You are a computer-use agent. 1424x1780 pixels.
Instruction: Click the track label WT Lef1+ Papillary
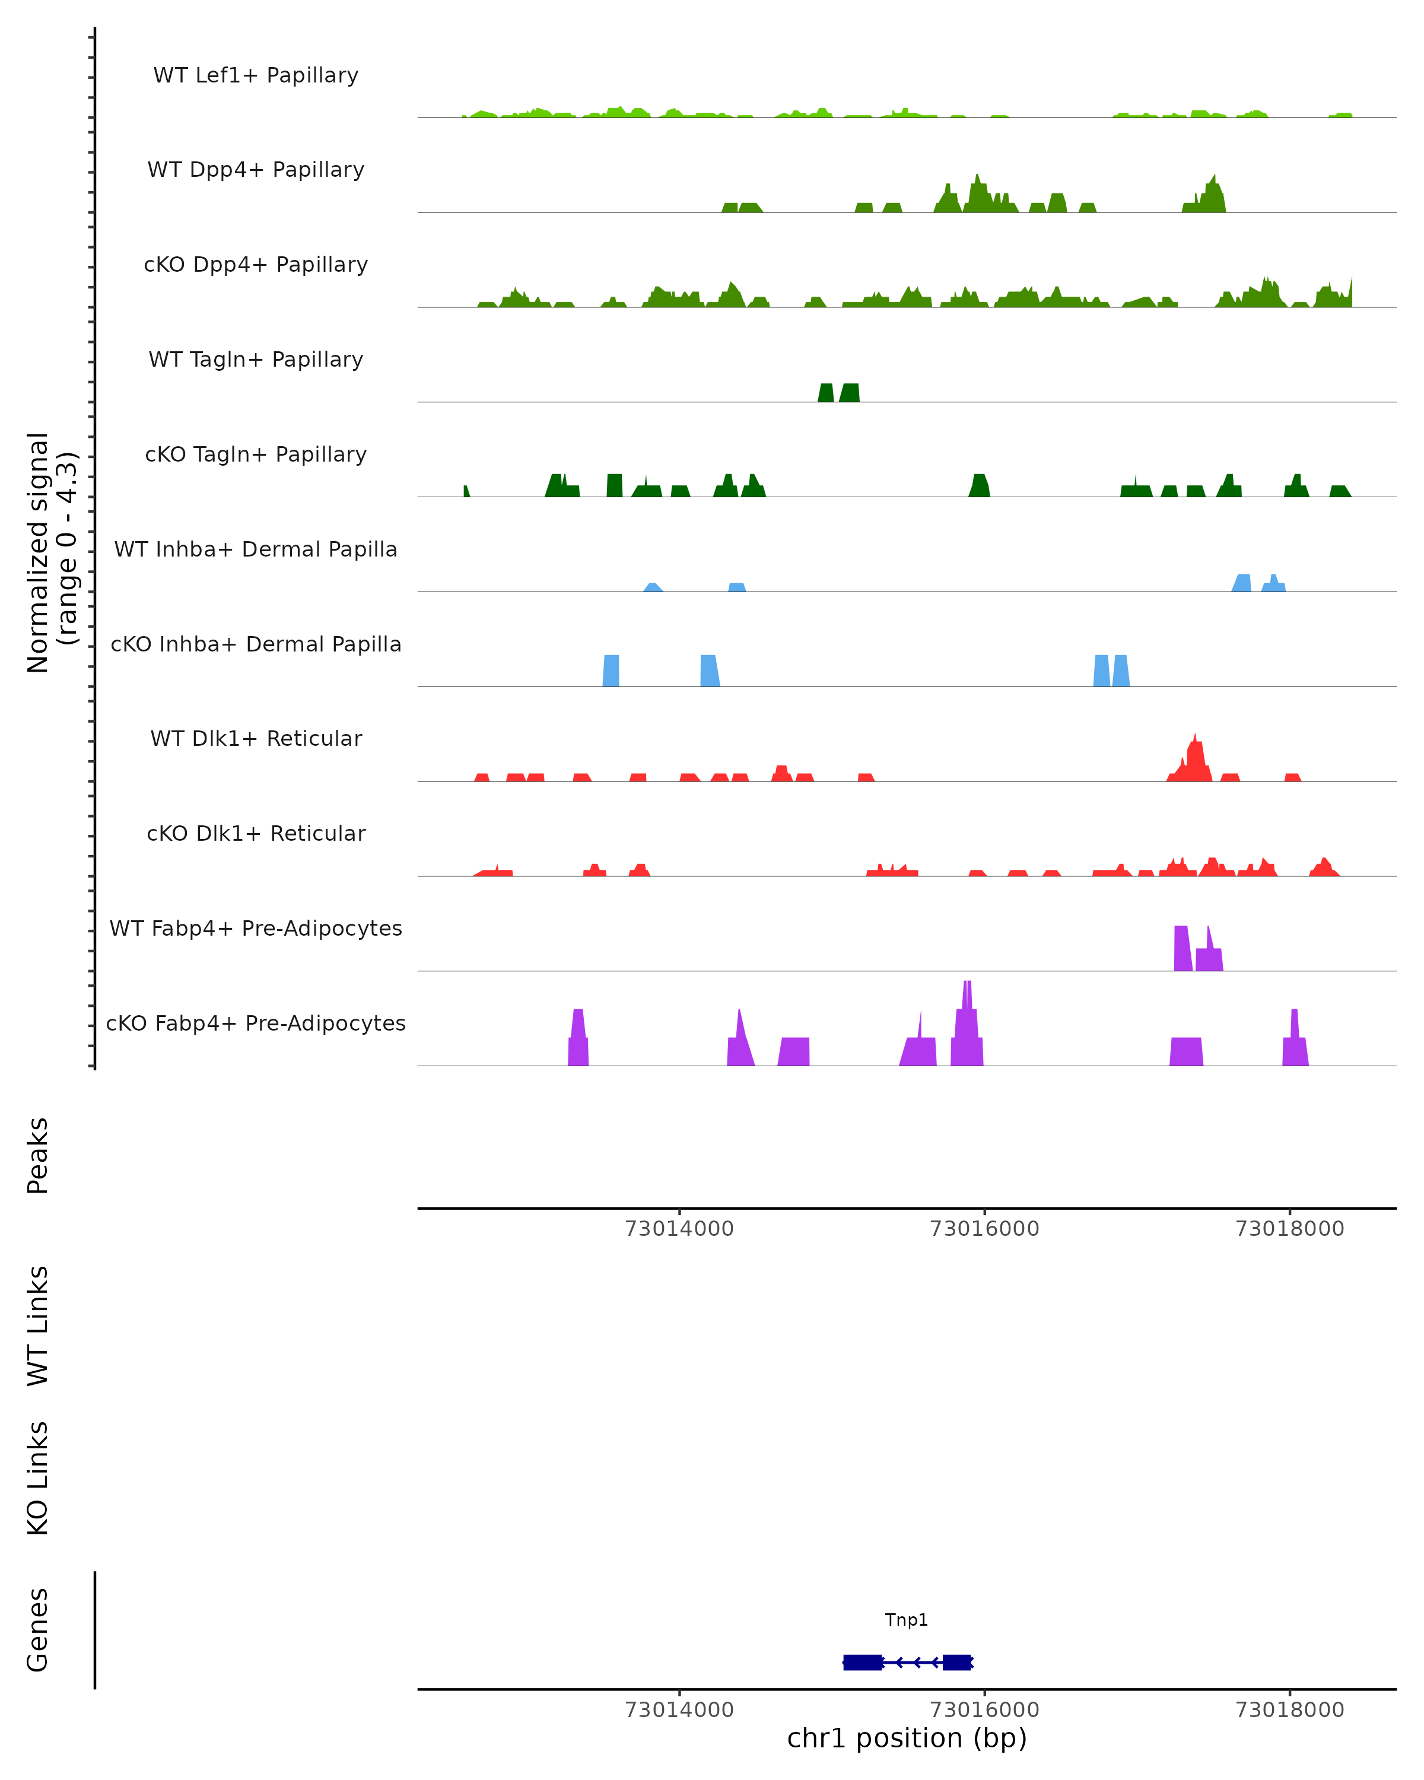256,75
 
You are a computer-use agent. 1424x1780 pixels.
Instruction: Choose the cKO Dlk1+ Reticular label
256,833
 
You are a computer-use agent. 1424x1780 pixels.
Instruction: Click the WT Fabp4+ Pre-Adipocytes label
256,928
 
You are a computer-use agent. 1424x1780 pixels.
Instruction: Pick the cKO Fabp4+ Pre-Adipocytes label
256,1023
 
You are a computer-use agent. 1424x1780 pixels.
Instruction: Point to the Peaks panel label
38,1156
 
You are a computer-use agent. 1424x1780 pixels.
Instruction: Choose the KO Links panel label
38,1478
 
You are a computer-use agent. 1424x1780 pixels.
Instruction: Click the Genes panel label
38,1630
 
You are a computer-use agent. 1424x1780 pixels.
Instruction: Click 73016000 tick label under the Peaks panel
984,1229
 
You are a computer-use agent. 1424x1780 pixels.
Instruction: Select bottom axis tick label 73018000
1289,1710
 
